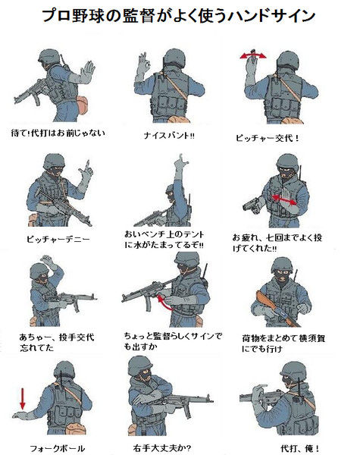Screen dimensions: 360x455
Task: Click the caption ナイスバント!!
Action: pyautogui.click(x=169, y=135)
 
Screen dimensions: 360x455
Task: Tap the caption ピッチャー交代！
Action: pyautogui.click(x=267, y=138)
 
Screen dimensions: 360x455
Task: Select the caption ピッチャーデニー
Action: pyautogui.click(x=58, y=240)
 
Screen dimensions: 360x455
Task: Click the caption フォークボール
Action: pyautogui.click(x=58, y=448)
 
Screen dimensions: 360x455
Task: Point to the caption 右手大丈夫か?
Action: pyautogui.click(x=162, y=447)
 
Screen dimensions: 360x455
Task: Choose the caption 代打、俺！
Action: pyautogui.click(x=299, y=448)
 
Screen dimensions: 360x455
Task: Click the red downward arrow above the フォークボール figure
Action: pyautogui.click(x=23, y=399)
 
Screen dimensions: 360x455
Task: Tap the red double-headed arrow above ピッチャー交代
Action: pyautogui.click(x=253, y=56)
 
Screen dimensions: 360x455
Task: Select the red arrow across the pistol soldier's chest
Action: pyautogui.click(x=284, y=200)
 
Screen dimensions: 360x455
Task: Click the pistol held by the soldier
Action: pyautogui.click(x=252, y=205)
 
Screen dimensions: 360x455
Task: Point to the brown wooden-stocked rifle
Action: pyautogui.click(x=277, y=309)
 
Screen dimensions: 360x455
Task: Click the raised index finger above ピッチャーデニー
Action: pyautogui.click(x=88, y=165)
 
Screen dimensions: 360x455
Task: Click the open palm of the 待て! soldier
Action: pyautogui.click(x=86, y=72)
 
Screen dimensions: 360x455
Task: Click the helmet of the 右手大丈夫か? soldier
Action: pyautogui.click(x=140, y=365)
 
